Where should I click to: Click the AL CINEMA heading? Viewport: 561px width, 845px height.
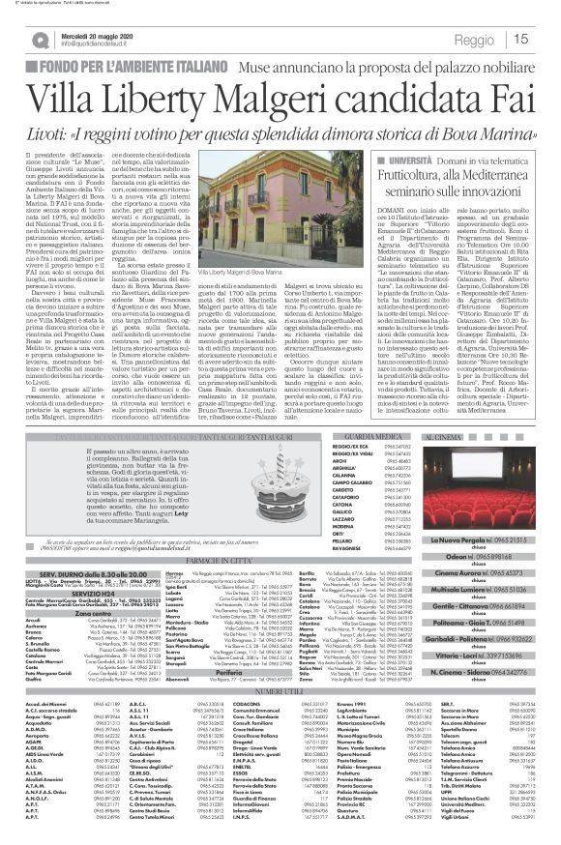[487, 383]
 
